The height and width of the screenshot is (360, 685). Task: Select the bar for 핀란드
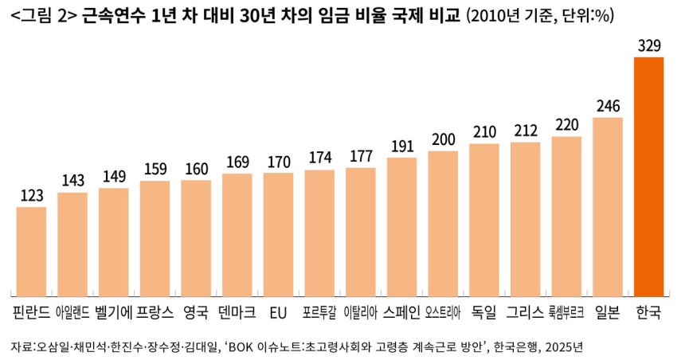[x=31, y=250]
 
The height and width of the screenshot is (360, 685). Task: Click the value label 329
[x=649, y=45]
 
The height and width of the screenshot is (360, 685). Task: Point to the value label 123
[x=31, y=195]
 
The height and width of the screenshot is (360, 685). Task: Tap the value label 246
[x=608, y=106]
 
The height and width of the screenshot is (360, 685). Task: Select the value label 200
[x=443, y=139]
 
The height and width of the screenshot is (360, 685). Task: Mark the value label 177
[x=361, y=155]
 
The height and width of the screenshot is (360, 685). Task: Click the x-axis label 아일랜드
[x=72, y=312]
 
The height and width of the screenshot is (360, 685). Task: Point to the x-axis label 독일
[x=483, y=311]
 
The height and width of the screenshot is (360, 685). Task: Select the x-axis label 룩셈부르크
[x=566, y=312]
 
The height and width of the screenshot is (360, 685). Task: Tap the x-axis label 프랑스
[x=155, y=311]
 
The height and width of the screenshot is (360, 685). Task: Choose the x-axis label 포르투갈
[x=319, y=312]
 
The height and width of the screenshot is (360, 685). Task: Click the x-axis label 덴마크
[x=237, y=311]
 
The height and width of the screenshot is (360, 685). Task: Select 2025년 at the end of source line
[x=566, y=347]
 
